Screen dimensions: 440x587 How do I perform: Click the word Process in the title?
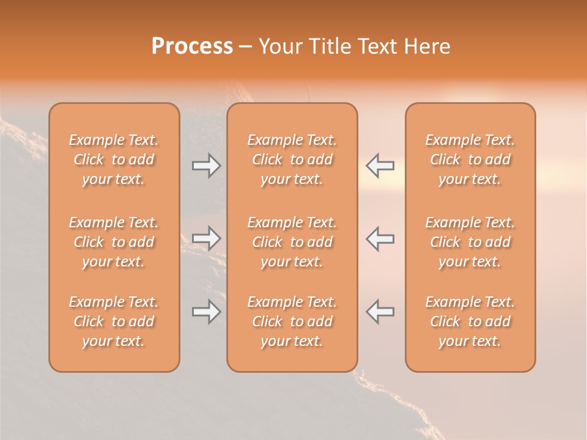tap(192, 46)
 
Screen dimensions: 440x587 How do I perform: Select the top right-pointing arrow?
tap(206, 166)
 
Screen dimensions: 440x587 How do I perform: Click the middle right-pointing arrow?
tap(206, 238)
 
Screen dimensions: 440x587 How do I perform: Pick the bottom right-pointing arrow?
tap(206, 311)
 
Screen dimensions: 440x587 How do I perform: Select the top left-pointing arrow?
tap(380, 166)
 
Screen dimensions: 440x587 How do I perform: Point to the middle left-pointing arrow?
tap(380, 238)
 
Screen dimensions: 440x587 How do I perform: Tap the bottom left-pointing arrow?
tap(380, 311)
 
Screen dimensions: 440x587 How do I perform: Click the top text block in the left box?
tap(114, 159)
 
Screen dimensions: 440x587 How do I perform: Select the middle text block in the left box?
tap(114, 242)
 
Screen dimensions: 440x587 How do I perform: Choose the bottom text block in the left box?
tap(114, 321)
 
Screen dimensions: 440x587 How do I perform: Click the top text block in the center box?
tap(292, 159)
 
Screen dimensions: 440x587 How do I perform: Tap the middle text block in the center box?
tap(292, 242)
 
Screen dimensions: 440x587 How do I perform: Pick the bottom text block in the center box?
tap(292, 321)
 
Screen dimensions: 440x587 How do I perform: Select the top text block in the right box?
tap(470, 159)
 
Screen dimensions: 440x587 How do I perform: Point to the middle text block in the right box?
tap(470, 242)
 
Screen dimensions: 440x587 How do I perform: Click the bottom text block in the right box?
tap(470, 321)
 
